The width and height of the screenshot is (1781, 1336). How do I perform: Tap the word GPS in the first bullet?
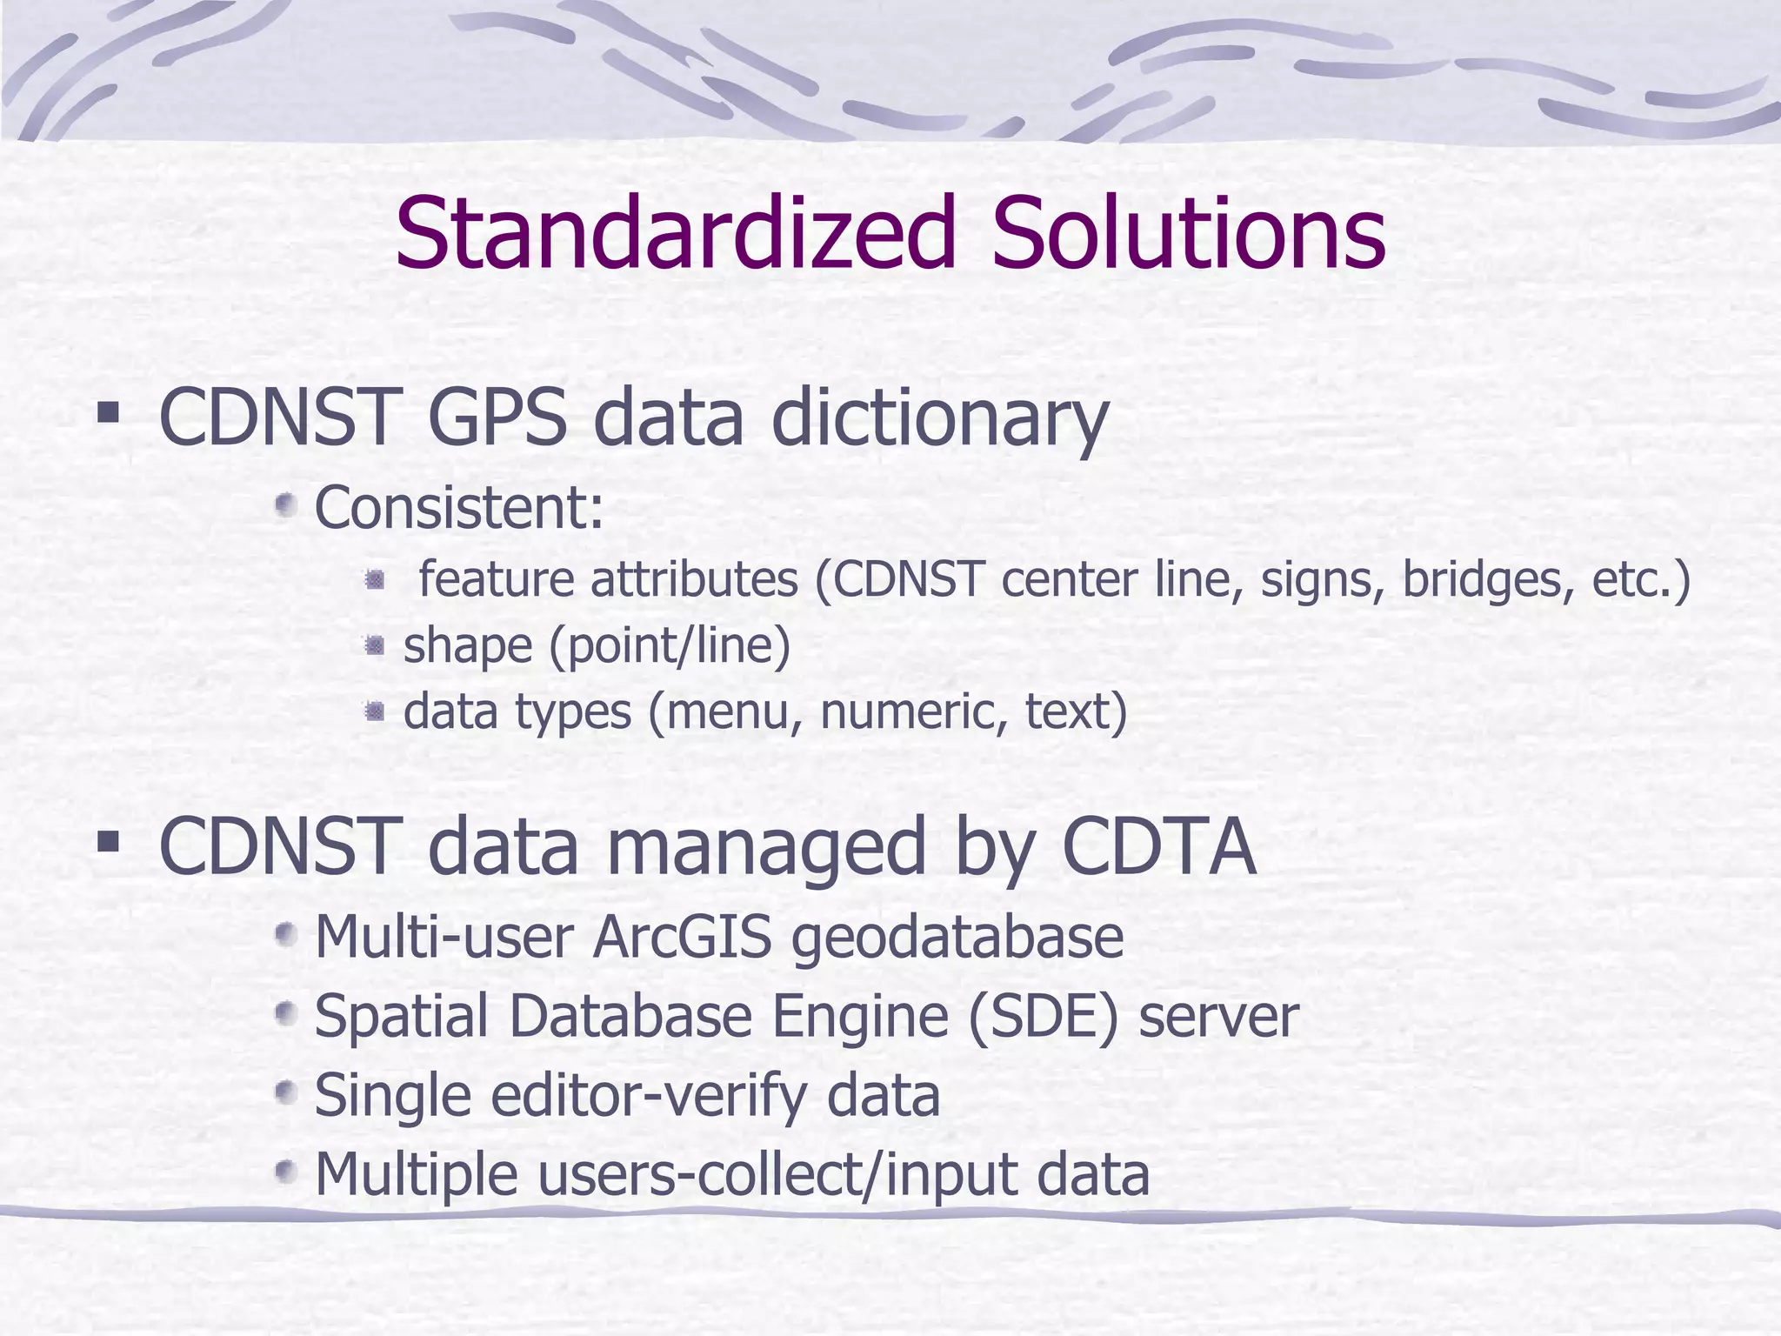click(497, 419)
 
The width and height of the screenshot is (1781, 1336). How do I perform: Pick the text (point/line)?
click(670, 646)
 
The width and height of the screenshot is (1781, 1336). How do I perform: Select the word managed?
click(764, 849)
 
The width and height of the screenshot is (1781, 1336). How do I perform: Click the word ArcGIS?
click(682, 937)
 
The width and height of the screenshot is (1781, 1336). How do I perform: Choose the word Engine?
click(859, 1016)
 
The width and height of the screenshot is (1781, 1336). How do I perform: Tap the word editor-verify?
click(662, 1095)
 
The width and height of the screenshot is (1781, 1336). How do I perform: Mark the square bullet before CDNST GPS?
click(108, 413)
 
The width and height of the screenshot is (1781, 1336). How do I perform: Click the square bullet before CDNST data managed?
click(108, 840)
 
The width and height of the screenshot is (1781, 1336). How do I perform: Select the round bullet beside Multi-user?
click(284, 936)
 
